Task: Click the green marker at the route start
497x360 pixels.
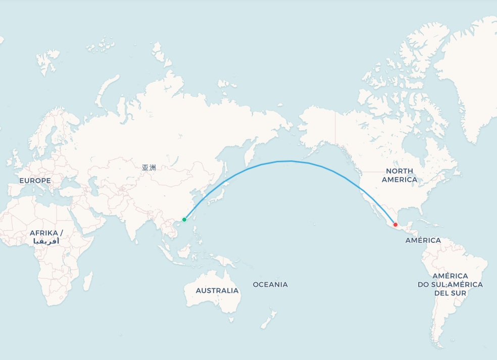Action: pos(184,220)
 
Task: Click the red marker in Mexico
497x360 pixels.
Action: pos(395,225)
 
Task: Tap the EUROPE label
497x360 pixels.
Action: pos(35,180)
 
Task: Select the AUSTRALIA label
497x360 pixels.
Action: pos(217,291)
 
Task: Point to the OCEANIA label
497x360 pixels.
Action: pos(270,285)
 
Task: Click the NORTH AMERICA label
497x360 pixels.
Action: pos(400,175)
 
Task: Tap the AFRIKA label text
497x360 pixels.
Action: pos(46,233)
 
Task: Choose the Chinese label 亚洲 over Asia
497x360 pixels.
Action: pos(149,168)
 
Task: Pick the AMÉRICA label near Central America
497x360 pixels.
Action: pos(423,240)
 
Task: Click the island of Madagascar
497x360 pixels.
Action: pos(88,281)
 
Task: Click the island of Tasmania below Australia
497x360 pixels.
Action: pos(231,319)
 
